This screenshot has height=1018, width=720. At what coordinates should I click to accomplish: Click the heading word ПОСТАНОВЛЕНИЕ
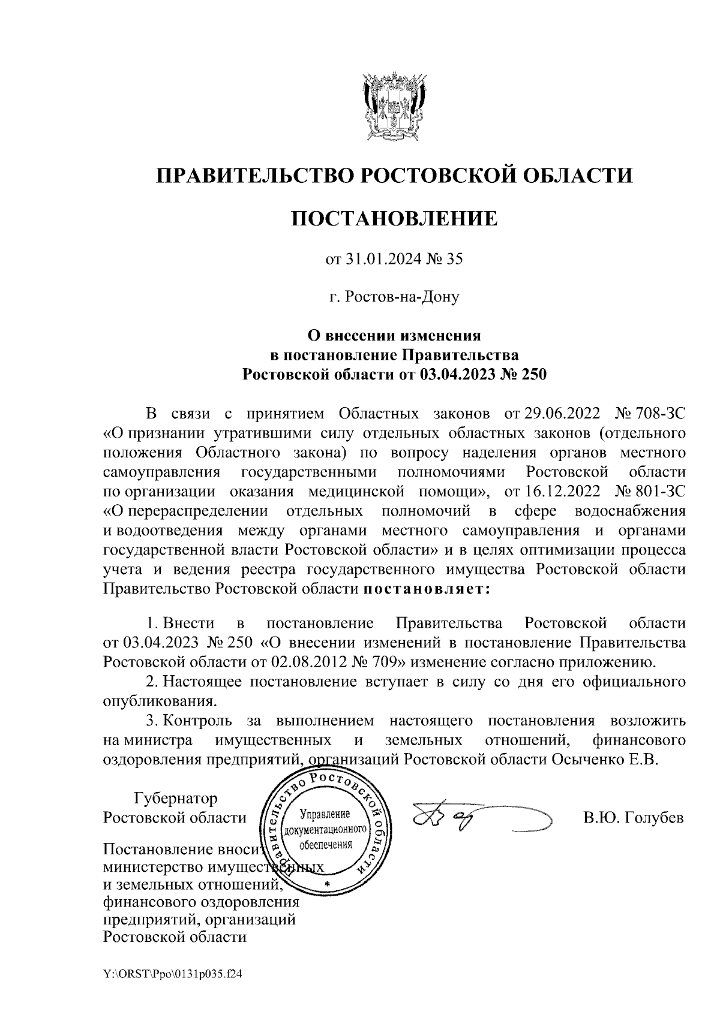(x=394, y=218)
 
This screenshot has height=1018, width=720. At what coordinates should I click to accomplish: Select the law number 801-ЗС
(x=662, y=492)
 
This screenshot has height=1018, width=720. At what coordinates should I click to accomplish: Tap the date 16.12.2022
(x=556, y=492)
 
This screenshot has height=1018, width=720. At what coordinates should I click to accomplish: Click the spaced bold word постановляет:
(x=427, y=589)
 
